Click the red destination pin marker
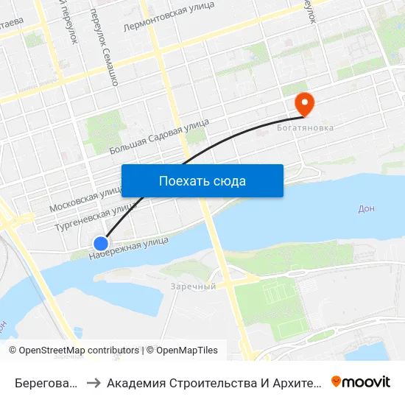(303, 104)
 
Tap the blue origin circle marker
(101, 243)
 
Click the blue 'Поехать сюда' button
(202, 180)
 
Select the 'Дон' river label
(366, 208)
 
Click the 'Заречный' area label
(193, 286)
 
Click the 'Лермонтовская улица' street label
(169, 15)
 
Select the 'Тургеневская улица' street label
(89, 218)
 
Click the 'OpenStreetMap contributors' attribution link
(79, 351)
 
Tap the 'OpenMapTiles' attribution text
(187, 351)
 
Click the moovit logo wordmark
(367, 381)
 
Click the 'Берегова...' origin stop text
(46, 382)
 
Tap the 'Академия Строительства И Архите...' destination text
(214, 382)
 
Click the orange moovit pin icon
(337, 381)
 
